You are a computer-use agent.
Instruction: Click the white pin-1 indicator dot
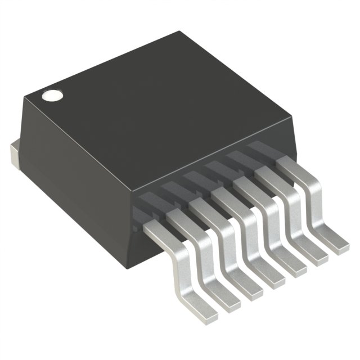[x=51, y=96]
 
